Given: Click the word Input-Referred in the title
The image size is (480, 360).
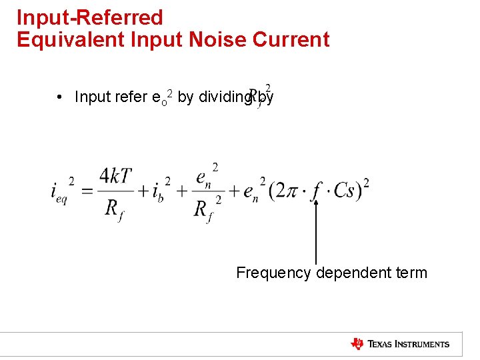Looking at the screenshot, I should (x=89, y=17).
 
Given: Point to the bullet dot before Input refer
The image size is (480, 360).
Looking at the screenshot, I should (x=60, y=97).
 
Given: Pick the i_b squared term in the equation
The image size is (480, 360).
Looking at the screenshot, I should (x=160, y=192).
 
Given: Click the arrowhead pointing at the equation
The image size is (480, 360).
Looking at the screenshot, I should (x=316, y=204).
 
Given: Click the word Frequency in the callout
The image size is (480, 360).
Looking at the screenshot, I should (x=273, y=273).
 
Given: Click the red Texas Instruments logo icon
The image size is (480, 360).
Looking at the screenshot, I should (x=357, y=344).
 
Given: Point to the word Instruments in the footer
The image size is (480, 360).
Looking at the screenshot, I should (x=424, y=345).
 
